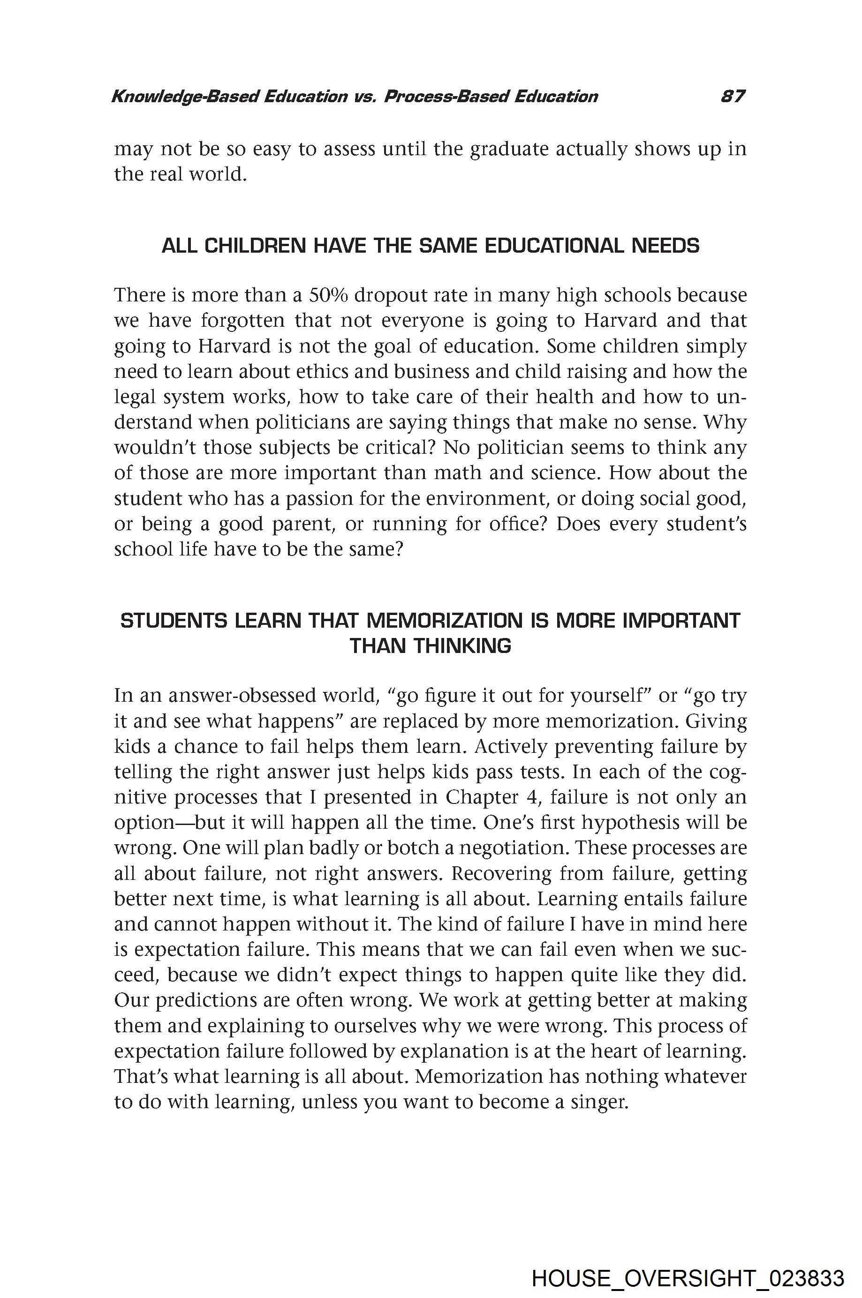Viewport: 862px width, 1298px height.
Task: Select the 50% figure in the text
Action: click(328, 295)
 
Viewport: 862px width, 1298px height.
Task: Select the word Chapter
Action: click(482, 797)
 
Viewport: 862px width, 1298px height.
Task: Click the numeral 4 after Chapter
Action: click(531, 797)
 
